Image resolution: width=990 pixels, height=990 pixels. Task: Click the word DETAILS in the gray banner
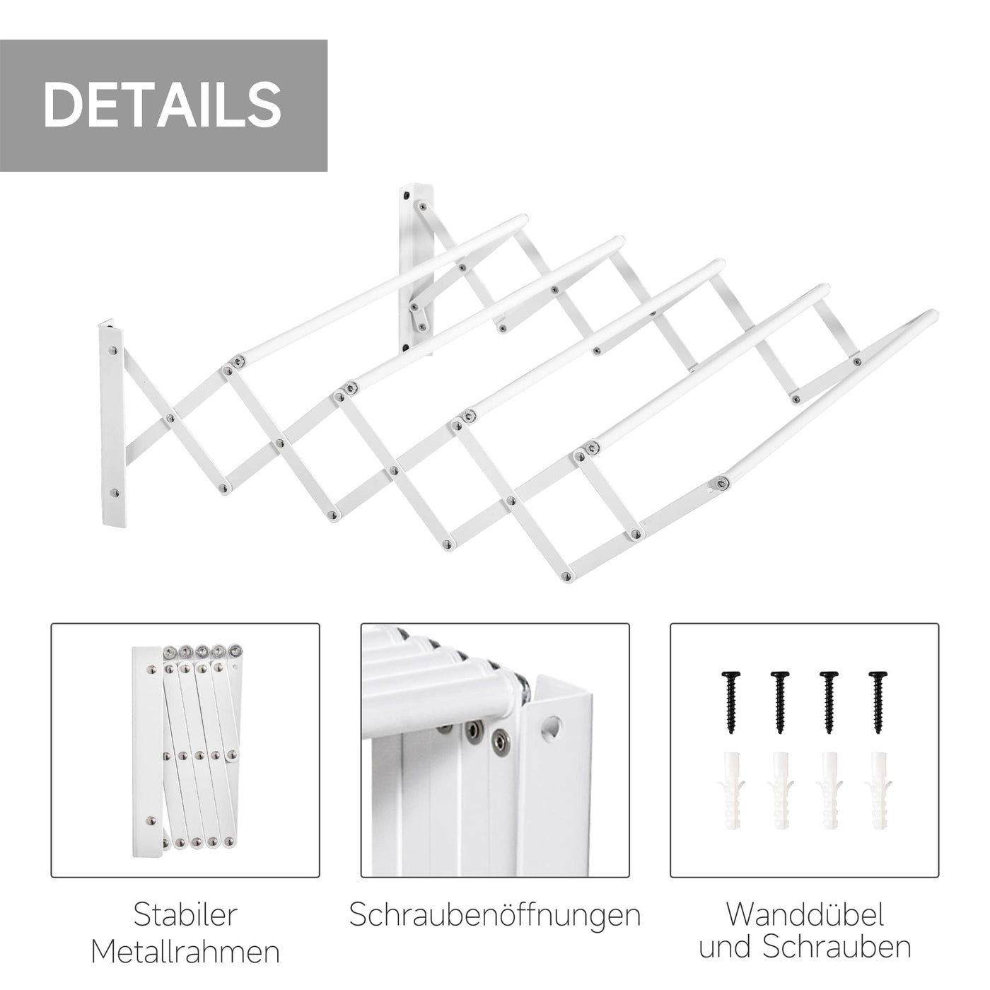tap(163, 104)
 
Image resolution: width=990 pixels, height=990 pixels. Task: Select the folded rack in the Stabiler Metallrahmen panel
tap(187, 746)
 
